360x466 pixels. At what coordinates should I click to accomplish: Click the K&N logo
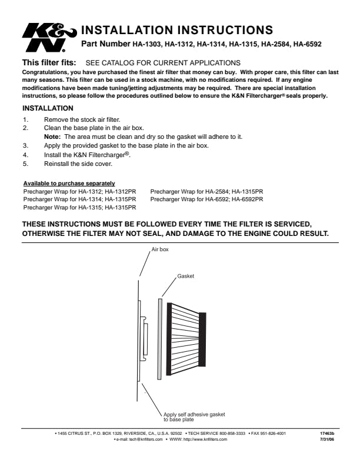point(48,38)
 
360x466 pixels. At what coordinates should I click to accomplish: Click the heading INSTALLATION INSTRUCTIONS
point(176,30)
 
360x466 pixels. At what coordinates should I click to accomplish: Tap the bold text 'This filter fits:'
point(49,62)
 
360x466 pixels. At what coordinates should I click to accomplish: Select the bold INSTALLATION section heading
point(48,108)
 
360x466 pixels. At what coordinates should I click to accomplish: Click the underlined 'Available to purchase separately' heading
point(69,184)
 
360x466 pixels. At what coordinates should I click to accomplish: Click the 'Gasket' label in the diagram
point(185,276)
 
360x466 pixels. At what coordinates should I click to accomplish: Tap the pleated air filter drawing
point(186,339)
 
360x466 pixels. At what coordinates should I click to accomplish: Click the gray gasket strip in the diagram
point(159,339)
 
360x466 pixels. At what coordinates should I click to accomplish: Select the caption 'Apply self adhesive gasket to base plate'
point(194,417)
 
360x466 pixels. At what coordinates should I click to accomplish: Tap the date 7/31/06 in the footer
point(326,440)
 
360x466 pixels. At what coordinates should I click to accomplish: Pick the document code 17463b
point(326,434)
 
